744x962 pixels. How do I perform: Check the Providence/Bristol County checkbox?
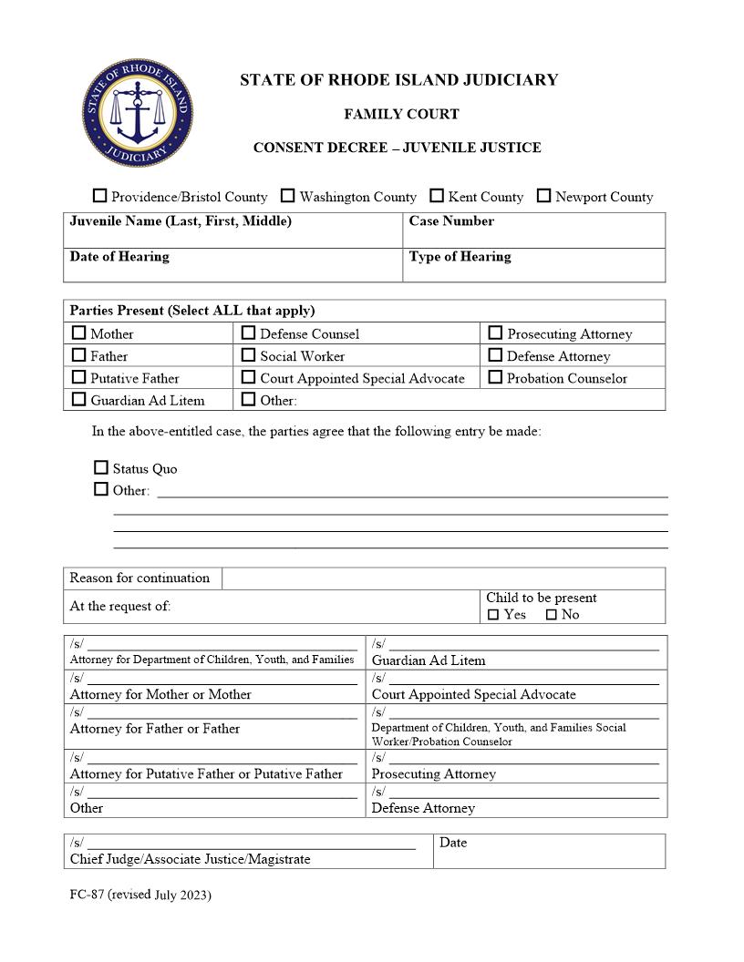click(100, 196)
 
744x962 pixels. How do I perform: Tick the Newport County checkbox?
click(544, 196)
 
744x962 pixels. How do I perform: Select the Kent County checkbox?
click(437, 196)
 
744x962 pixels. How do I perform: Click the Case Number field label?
click(451, 221)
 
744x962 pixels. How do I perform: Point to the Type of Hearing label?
click(460, 257)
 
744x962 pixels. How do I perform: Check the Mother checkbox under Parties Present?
click(79, 333)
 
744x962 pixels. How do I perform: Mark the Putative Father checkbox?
click(79, 377)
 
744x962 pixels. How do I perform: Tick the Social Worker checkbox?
click(248, 355)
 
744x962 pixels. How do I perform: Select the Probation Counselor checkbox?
click(495, 377)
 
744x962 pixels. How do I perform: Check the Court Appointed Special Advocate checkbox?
click(248, 377)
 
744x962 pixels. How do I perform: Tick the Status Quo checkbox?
click(101, 467)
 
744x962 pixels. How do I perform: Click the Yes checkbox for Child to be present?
click(493, 615)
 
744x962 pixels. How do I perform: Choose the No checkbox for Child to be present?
click(551, 615)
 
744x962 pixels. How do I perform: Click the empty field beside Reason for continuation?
click(443, 578)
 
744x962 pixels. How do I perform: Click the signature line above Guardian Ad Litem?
click(523, 648)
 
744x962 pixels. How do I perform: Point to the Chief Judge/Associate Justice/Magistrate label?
click(190, 859)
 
